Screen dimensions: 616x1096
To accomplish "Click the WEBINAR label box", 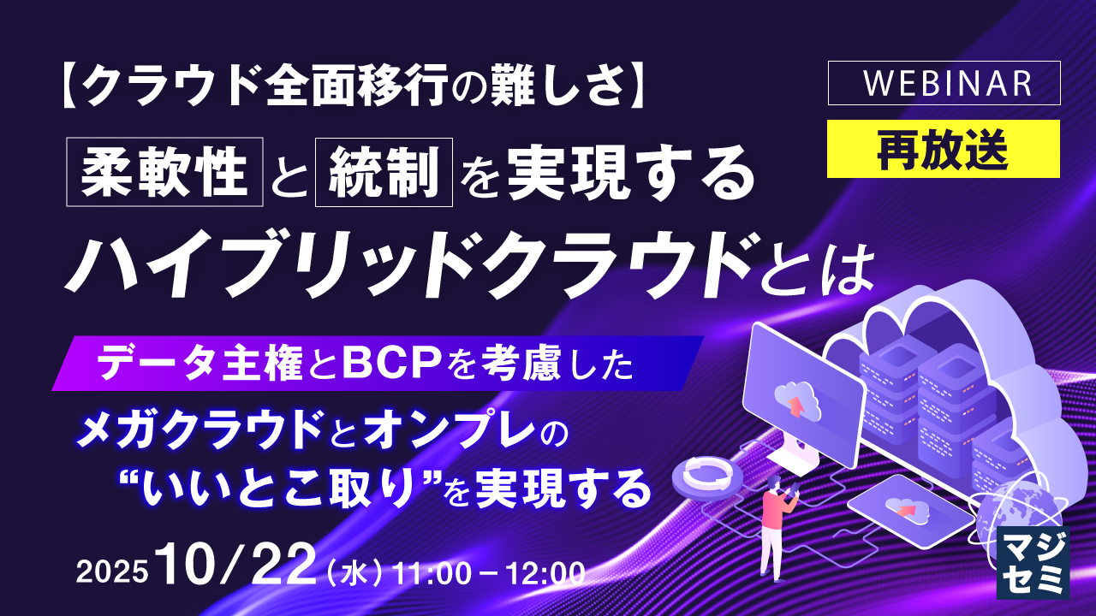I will pyautogui.click(x=944, y=83).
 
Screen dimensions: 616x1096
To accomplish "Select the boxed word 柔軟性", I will pyautogui.click(x=164, y=175).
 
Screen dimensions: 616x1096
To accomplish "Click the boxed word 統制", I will pyautogui.click(x=384, y=175).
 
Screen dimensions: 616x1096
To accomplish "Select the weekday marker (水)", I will pyautogui.click(x=354, y=572).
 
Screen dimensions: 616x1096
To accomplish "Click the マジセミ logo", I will pyautogui.click(x=1033, y=561).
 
